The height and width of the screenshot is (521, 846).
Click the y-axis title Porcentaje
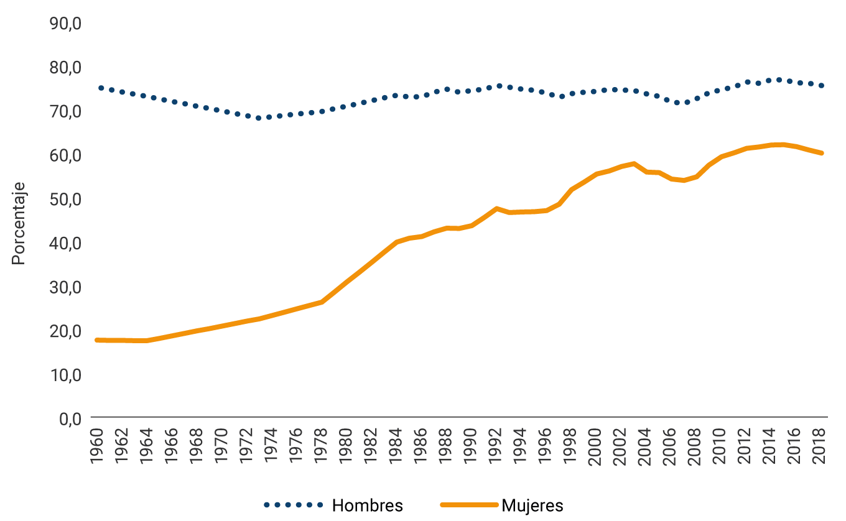click(19, 223)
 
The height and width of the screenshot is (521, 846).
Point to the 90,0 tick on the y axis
click(65, 23)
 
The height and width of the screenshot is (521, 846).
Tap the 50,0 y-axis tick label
click(65, 199)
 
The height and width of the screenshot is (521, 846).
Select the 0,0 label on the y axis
click(70, 418)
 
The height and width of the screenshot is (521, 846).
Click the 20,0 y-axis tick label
click(65, 331)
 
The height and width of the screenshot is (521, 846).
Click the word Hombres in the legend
click(367, 505)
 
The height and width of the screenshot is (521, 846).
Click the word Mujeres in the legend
click(532, 505)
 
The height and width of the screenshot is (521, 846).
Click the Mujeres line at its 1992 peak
click(496, 208)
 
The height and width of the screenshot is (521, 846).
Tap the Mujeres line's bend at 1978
click(322, 302)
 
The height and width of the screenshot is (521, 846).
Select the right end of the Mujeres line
click(822, 153)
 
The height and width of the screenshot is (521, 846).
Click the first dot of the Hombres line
click(101, 88)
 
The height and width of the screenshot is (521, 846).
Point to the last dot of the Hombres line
click(822, 86)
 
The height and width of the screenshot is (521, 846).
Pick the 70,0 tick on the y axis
click(65, 111)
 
